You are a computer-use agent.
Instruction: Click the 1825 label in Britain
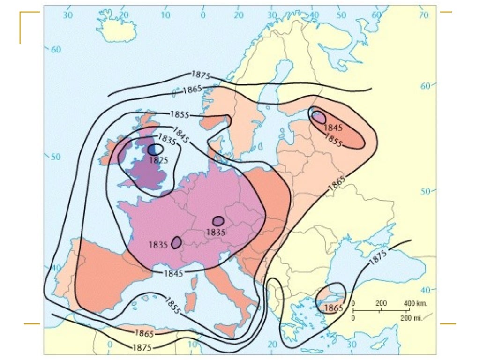(158, 160)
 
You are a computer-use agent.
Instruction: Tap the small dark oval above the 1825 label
(155, 150)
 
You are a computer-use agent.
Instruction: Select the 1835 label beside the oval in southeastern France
(158, 244)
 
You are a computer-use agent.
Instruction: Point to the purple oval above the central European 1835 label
(218, 221)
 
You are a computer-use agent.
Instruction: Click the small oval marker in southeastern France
(177, 242)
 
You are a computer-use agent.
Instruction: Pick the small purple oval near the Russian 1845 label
(318, 117)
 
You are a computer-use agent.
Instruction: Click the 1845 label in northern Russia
(333, 127)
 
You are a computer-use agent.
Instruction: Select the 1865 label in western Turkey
(334, 308)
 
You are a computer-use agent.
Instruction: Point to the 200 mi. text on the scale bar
(412, 318)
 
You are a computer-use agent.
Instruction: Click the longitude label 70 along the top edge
(424, 15)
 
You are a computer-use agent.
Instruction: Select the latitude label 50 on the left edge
(55, 157)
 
